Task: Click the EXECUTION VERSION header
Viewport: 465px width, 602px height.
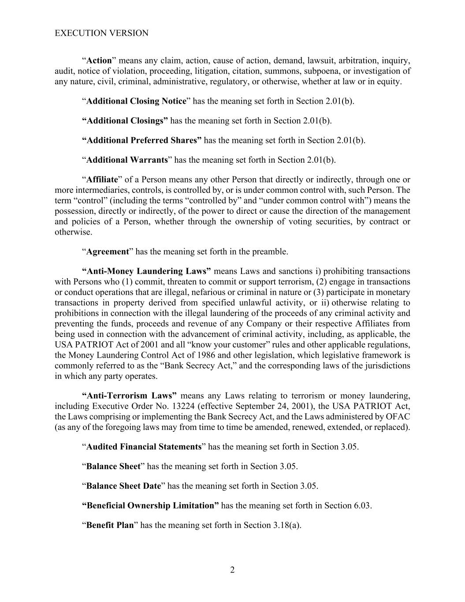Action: (x=101, y=33)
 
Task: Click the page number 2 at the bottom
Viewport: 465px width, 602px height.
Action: (x=232, y=570)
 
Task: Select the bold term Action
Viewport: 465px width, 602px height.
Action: (x=99, y=60)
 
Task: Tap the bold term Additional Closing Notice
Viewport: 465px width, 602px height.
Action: (x=136, y=101)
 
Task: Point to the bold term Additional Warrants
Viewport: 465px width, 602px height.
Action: (x=127, y=160)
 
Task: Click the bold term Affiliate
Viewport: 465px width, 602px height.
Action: (x=102, y=179)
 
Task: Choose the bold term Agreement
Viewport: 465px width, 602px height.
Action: (x=108, y=251)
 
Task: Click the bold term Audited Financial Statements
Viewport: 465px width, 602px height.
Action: (x=144, y=447)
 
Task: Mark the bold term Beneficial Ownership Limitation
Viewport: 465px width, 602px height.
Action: (x=150, y=505)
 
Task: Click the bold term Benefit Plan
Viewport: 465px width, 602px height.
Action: (x=110, y=525)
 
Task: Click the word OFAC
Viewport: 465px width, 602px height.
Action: (x=398, y=416)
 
